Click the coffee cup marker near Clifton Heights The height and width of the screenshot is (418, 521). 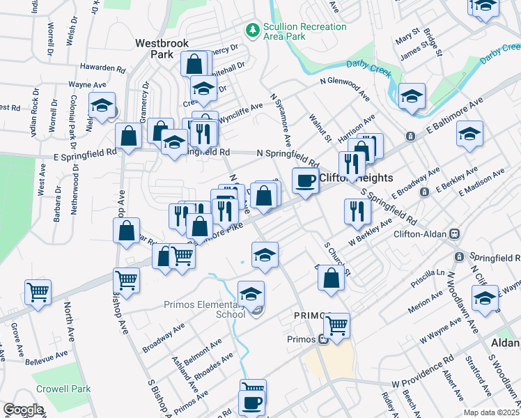304,181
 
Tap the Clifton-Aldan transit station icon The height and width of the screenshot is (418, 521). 456,234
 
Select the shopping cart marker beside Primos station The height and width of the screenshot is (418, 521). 337,325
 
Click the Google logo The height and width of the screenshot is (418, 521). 23,410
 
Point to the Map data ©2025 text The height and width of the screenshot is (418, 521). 492,412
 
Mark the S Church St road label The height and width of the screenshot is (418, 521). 337,258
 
